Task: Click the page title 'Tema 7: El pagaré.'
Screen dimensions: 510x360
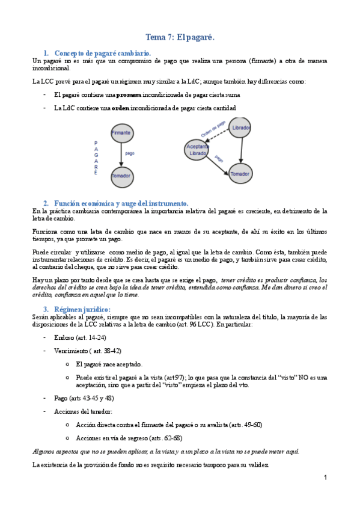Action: (180, 37)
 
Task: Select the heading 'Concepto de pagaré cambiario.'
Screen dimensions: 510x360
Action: (102, 54)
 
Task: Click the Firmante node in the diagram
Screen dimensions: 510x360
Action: (121, 133)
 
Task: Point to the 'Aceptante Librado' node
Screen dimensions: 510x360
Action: (198, 150)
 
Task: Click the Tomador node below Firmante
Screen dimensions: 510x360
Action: (121, 177)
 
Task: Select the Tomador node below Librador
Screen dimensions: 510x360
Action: (240, 174)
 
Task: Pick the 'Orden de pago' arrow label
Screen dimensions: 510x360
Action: (213, 128)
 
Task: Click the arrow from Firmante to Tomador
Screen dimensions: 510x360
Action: (121, 155)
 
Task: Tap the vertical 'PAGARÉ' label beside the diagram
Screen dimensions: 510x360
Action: (96, 158)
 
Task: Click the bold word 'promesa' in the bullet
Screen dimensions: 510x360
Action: (128, 95)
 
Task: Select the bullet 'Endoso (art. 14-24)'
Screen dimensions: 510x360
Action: (76, 337)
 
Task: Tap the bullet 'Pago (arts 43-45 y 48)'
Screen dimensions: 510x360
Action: (81, 398)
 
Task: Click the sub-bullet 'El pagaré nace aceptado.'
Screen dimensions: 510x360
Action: (109, 364)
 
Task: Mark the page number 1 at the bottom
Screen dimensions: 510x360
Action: (325, 478)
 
